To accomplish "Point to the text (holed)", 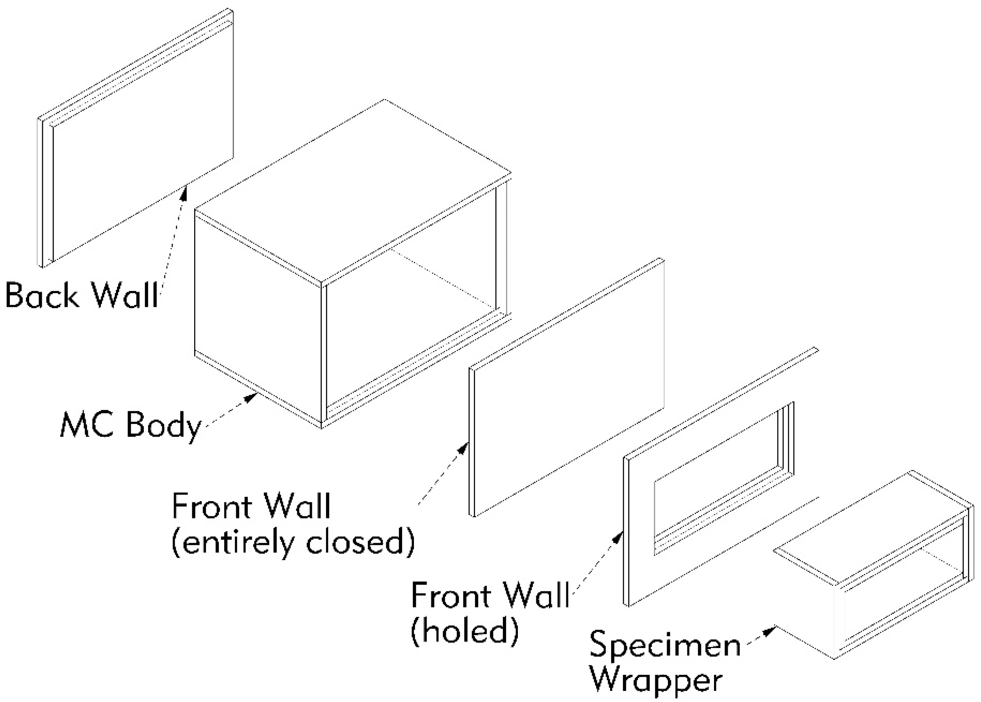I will [x=465, y=631].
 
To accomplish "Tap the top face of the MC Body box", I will [x=352, y=190].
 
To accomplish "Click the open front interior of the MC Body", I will [x=410, y=329].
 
